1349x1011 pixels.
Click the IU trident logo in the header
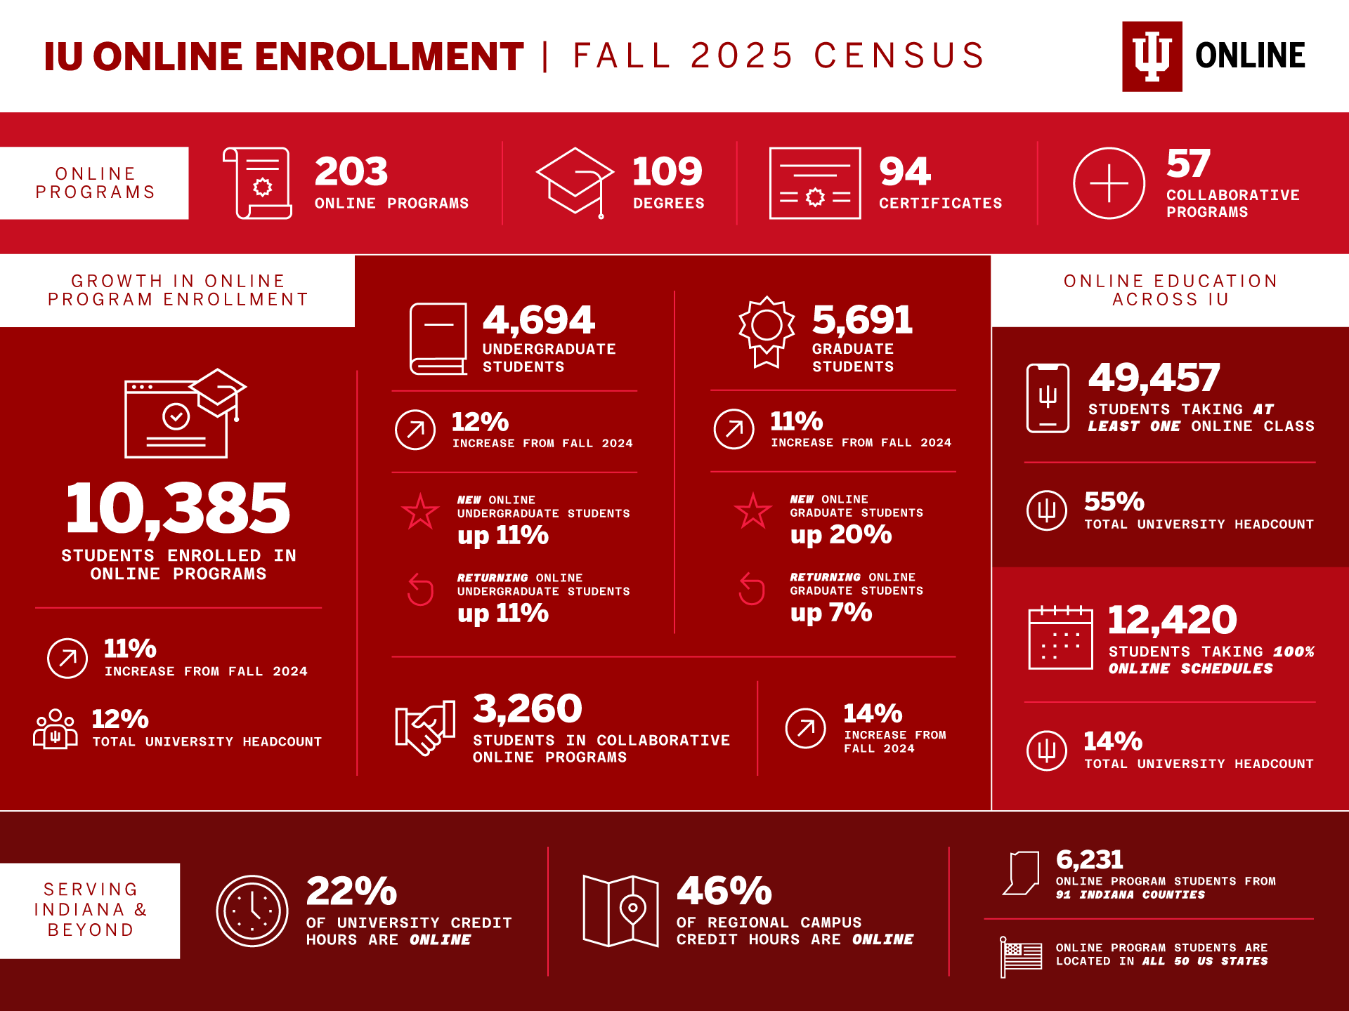(1152, 56)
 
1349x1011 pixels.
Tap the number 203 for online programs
(351, 171)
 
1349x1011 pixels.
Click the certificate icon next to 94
(815, 183)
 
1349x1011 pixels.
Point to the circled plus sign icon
(1109, 183)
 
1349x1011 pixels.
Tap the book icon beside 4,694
(438, 338)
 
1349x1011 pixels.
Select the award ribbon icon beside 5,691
(767, 331)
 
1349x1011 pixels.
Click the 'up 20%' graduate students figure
(841, 535)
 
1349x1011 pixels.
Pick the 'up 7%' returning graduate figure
(831, 613)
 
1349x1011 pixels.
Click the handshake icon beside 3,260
(425, 727)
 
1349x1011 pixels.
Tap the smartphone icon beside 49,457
(1048, 398)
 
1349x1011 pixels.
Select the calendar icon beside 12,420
(1060, 637)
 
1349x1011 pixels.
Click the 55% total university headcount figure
(1114, 502)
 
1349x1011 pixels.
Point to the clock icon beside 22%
(252, 911)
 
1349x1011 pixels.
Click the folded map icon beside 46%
(620, 911)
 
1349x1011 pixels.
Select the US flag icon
(1022, 956)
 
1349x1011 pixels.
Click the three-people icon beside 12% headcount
(56, 730)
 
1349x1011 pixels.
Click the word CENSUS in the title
(899, 56)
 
